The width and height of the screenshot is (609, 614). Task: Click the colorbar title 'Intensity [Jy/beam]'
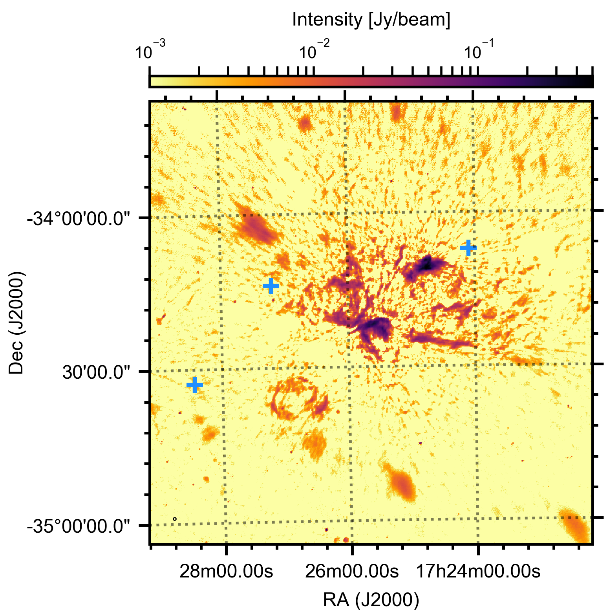(x=371, y=20)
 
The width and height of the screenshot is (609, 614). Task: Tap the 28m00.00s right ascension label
(x=226, y=572)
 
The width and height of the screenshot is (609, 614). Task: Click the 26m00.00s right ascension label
(x=352, y=572)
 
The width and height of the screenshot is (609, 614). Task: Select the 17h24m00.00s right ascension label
(x=478, y=572)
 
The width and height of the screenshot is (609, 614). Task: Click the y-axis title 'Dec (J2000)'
(x=16, y=322)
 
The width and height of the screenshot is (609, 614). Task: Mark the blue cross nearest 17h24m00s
(x=468, y=248)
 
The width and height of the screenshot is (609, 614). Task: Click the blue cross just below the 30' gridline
(x=195, y=385)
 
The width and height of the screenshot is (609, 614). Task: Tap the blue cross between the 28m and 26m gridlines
(x=271, y=286)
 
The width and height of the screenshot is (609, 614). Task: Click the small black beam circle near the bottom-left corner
(x=175, y=519)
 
